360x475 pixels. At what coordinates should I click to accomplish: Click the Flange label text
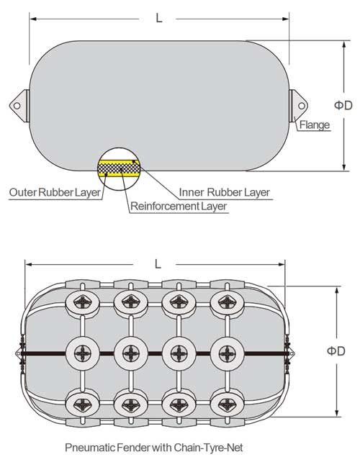point(315,125)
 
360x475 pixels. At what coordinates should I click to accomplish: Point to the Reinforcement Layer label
point(179,207)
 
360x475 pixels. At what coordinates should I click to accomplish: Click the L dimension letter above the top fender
point(158,18)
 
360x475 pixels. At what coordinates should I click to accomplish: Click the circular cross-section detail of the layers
point(119,165)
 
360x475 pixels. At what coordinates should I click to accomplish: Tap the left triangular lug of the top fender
point(19,104)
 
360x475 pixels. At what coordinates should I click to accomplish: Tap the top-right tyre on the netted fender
point(225,302)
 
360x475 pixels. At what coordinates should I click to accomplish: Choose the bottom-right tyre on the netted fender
point(225,402)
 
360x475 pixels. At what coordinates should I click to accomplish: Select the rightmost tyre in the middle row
point(225,352)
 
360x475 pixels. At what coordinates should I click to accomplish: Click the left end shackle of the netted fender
point(19,353)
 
